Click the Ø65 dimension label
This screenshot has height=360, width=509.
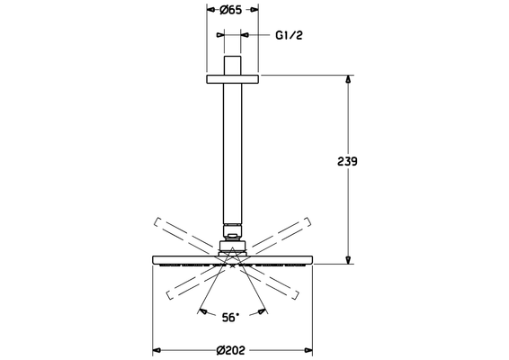coord(231,10)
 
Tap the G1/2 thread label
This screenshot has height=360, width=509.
coord(289,35)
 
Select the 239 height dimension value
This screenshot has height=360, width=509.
coord(347,161)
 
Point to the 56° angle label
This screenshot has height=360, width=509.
coord(230,317)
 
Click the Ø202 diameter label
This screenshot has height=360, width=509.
coord(231,350)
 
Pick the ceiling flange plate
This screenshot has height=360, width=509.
coord(232,79)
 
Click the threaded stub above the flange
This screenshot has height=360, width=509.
coord(232,66)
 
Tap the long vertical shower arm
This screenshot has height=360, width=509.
coord(232,153)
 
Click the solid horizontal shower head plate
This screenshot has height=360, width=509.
coord(232,260)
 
